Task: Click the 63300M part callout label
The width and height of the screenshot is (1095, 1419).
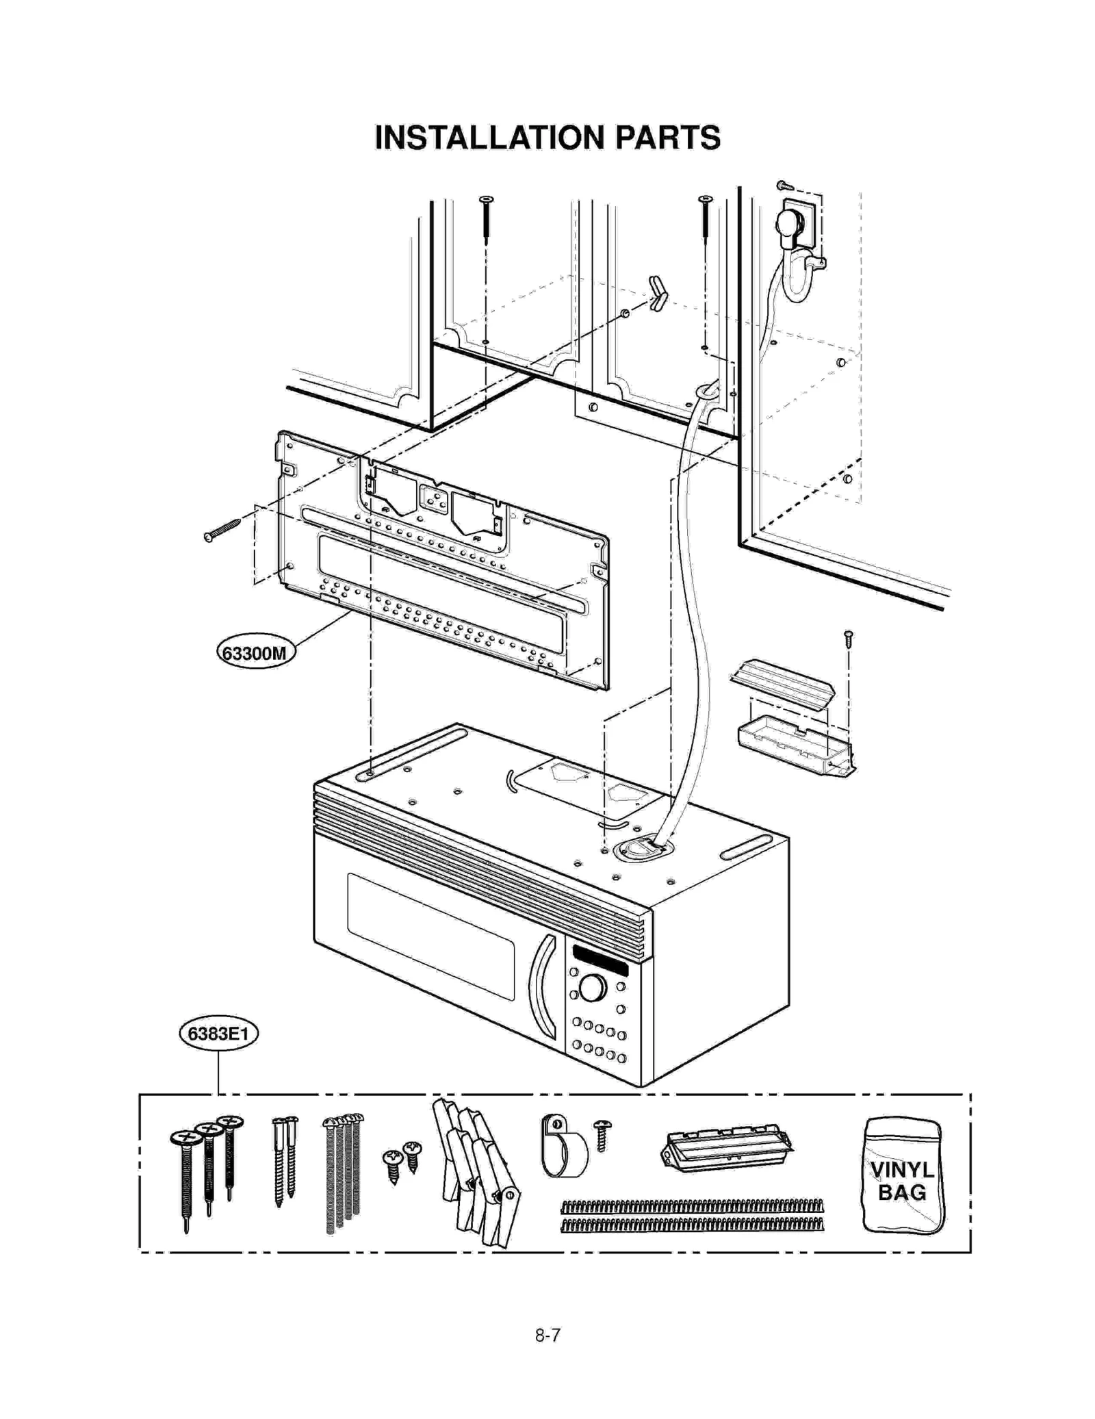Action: point(255,652)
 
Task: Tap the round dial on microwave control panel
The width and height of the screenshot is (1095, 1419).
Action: point(591,988)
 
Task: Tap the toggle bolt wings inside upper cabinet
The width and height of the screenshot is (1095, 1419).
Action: point(656,293)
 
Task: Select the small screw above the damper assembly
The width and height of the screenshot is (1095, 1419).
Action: point(849,639)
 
